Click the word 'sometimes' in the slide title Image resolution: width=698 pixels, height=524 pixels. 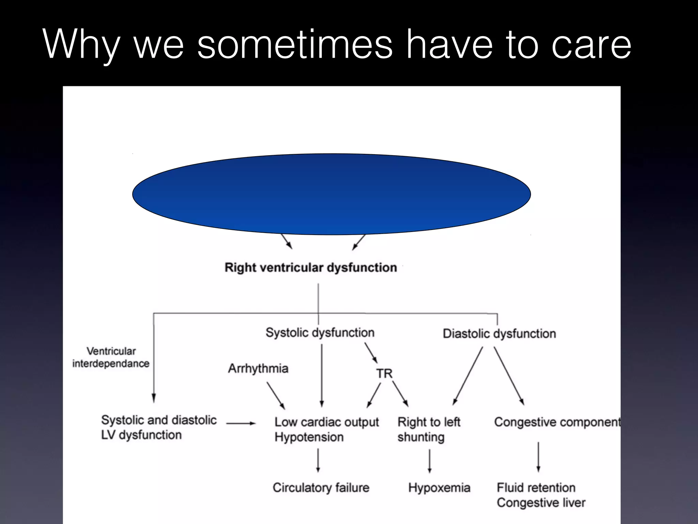295,44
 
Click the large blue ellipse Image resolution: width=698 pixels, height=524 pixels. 331,194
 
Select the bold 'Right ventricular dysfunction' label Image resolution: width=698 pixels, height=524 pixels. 311,267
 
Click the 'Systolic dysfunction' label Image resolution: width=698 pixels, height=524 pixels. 320,333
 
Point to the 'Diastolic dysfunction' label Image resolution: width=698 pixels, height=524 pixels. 499,334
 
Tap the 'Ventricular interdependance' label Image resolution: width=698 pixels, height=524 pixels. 111,357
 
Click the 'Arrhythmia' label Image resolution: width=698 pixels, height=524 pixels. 258,368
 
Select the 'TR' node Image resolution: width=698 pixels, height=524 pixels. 384,374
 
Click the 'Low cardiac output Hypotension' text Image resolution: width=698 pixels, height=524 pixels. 326,430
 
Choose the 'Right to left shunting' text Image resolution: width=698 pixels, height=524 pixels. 428,430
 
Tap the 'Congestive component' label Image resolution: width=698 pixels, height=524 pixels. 557,422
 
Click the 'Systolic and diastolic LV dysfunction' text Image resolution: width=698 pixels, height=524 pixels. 159,427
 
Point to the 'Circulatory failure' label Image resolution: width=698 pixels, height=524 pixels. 321,487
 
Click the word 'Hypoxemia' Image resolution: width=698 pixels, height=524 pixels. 439,487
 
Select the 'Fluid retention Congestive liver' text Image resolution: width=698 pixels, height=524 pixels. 541,495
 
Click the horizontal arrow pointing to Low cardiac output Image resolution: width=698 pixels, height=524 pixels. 241,423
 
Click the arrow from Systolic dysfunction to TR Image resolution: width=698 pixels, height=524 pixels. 371,353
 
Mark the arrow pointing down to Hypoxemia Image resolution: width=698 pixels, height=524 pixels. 429,461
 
